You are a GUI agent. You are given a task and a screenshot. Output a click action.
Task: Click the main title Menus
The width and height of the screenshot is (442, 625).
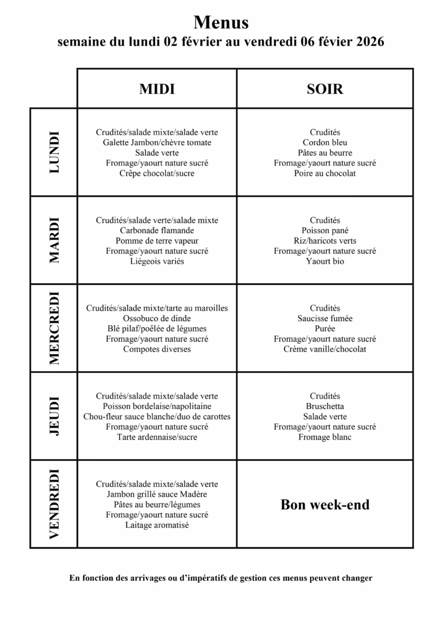221,23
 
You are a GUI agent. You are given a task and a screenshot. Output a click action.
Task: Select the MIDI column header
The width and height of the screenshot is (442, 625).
157,89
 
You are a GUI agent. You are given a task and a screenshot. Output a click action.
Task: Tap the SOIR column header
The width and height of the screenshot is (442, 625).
325,89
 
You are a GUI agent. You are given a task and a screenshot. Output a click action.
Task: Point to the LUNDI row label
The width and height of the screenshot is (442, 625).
54,152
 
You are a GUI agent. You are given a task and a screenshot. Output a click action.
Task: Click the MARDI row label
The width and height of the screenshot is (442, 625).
54,240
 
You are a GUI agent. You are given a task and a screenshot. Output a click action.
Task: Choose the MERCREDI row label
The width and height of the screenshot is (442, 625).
54,328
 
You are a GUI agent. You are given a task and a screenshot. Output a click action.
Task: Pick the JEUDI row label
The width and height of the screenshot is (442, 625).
54,416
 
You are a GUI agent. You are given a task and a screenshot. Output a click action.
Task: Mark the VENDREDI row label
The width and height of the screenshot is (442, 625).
54,504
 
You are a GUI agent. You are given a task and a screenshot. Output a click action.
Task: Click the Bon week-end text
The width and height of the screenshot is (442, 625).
325,505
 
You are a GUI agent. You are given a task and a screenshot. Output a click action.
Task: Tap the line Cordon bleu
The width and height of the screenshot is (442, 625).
325,143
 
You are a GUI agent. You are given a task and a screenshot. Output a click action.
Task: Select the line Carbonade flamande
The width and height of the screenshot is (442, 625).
157,231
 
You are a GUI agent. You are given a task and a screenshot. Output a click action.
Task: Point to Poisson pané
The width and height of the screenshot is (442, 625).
325,231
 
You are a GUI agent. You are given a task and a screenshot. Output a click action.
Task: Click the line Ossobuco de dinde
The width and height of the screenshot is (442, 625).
157,319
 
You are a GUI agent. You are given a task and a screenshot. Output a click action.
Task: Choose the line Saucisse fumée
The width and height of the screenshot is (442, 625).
325,319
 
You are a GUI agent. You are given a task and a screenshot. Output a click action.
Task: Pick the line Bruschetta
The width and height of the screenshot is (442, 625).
325,406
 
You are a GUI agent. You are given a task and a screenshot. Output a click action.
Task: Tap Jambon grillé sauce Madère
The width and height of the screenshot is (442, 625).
157,494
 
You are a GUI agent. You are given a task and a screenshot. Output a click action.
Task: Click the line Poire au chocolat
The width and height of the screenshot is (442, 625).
325,173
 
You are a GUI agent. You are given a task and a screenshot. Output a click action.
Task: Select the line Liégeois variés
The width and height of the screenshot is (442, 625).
157,261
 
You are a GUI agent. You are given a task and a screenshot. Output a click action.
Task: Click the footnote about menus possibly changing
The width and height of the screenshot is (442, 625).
221,578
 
